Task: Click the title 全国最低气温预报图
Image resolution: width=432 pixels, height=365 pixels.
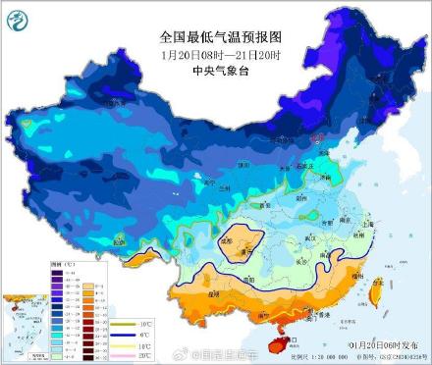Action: tap(215, 36)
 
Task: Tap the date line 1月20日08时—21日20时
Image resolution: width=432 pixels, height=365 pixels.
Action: tap(215, 54)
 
